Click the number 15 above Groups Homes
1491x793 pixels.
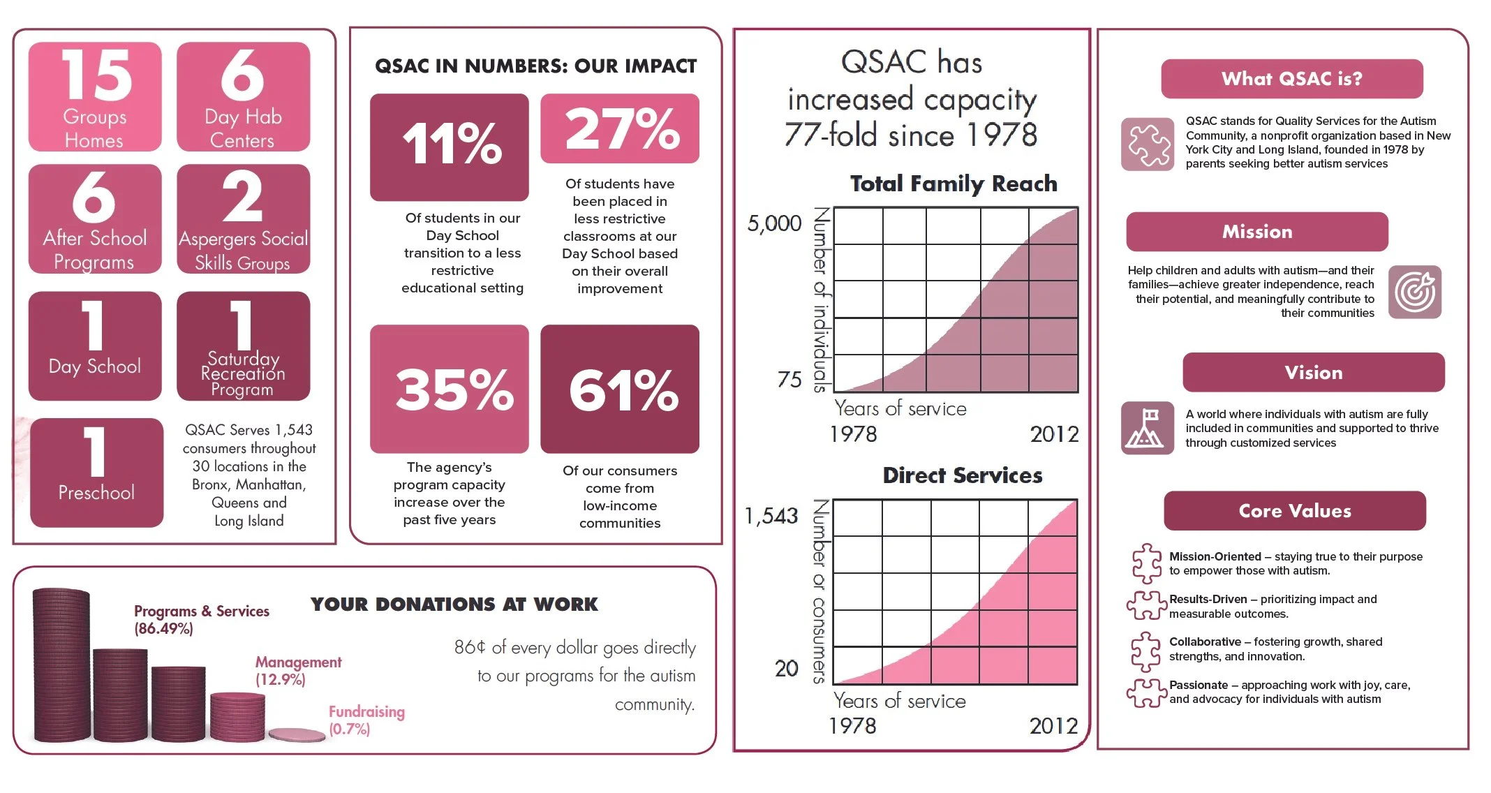coord(96,75)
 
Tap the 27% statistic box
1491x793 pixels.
coord(620,129)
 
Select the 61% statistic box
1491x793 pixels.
coord(620,389)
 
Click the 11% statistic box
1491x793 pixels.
coord(450,146)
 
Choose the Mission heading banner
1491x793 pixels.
coord(1256,232)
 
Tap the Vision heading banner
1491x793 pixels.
coord(1313,373)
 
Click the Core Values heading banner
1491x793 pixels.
coord(1294,511)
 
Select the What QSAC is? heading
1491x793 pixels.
coord(1291,79)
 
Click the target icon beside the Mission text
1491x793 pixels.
coord(1414,292)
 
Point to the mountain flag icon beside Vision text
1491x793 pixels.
coord(1147,429)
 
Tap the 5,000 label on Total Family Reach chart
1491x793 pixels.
coord(774,223)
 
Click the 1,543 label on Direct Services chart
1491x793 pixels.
coord(771,516)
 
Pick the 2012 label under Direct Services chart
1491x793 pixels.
coord(1053,726)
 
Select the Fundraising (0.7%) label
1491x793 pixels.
coord(366,720)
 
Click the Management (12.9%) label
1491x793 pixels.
coord(298,670)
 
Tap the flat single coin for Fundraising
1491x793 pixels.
coord(297,734)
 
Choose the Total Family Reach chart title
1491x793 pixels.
coord(954,184)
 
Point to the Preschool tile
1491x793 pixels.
coord(96,473)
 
